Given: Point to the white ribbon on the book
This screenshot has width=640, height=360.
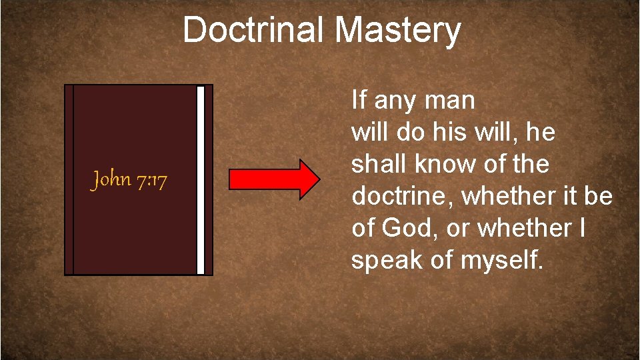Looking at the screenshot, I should pos(201,179).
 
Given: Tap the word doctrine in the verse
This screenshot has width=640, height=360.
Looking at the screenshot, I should pos(403,196).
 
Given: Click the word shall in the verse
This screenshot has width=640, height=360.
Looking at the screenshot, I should pos(377,164).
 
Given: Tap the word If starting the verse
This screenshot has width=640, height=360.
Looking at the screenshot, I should pos(359,101).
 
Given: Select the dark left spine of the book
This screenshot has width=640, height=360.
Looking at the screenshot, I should pos(69,179).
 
